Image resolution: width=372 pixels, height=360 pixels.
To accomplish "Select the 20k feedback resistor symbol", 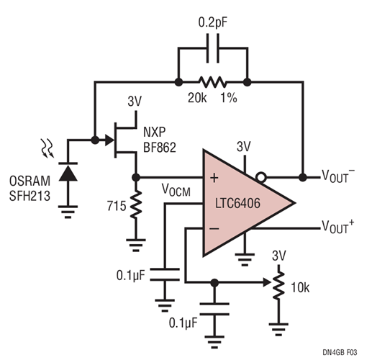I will pos(212,81).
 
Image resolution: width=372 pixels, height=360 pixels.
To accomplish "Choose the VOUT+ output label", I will pos(339,228).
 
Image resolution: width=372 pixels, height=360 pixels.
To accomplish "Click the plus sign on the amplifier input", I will pos(213,176).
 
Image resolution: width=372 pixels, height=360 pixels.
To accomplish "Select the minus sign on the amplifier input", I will pos(213,230).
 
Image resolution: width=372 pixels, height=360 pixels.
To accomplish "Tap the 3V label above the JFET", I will pos(134,102).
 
